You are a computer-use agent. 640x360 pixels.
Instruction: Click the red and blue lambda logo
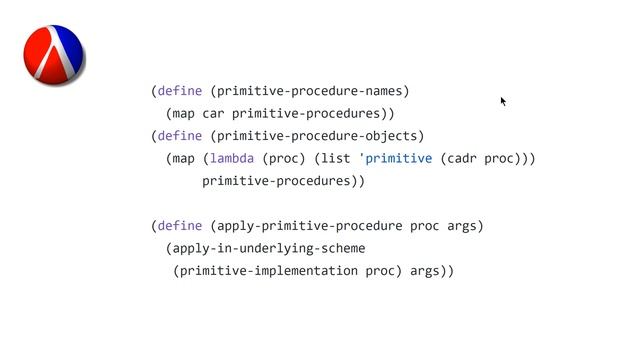coord(53,54)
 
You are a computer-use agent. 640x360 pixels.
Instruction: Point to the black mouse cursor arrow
coord(503,100)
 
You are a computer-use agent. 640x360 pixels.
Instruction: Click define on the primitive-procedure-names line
coord(180,91)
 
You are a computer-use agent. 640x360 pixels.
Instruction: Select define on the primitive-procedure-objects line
coord(180,136)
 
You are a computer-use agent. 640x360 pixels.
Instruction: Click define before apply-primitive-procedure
coord(180,226)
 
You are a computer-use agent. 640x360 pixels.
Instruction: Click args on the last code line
coord(425,271)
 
